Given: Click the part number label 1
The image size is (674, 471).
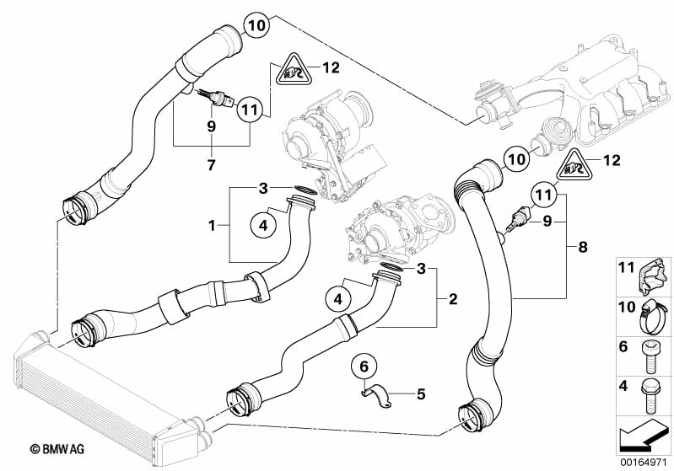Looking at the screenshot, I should pos(216,226).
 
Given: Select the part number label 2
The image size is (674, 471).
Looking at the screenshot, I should pos(453,298).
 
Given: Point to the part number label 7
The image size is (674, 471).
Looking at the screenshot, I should pos(211,161).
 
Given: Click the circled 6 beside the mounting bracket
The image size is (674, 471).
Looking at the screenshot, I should pos(364,367).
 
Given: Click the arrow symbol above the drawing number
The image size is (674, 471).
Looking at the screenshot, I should pos(642,435).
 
